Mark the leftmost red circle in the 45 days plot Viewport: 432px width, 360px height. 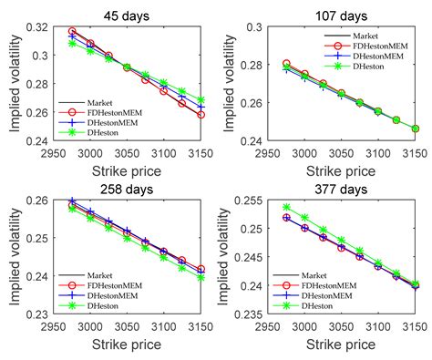pyautogui.click(x=72, y=32)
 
